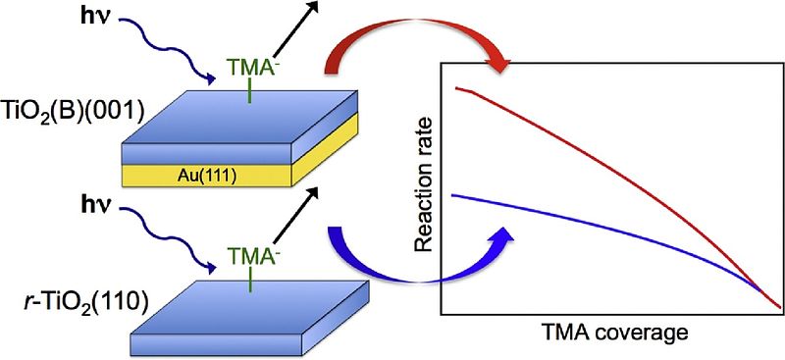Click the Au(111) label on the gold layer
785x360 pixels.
point(208,176)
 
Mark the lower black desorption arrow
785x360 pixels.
point(296,214)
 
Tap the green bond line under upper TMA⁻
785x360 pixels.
point(249,90)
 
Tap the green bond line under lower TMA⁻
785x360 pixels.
point(251,279)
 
